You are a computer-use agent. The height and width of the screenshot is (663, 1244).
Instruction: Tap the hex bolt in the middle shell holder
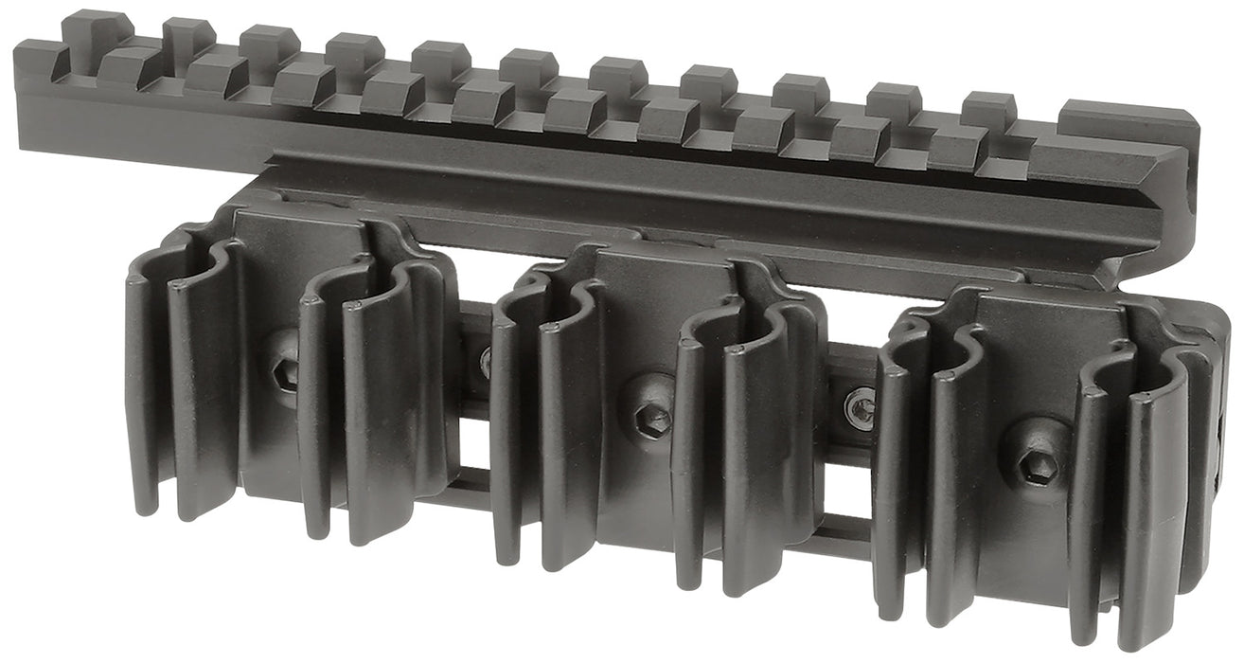[x=651, y=418]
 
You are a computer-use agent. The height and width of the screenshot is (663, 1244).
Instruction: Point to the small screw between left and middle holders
[x=486, y=362]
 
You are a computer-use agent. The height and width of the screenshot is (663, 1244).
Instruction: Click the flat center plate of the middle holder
[x=653, y=313]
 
